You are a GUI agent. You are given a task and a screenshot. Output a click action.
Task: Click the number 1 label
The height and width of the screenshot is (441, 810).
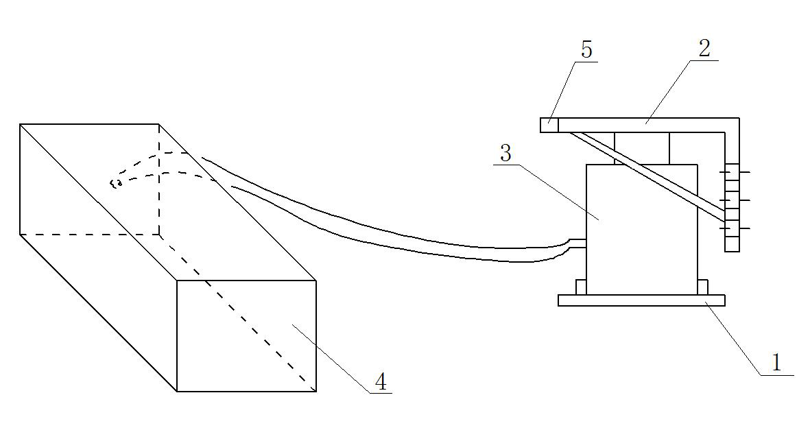click(776, 363)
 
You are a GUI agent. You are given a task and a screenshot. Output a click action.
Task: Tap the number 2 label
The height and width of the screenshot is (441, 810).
click(704, 48)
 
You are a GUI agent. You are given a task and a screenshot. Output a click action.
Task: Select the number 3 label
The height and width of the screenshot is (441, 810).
click(505, 153)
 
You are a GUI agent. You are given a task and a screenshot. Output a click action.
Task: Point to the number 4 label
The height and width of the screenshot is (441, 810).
click(380, 382)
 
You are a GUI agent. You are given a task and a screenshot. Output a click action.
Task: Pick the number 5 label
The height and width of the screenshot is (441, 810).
click(586, 49)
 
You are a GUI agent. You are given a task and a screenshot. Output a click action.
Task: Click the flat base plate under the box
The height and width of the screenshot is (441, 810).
click(641, 300)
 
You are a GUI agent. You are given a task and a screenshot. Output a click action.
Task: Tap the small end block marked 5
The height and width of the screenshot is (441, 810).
click(549, 126)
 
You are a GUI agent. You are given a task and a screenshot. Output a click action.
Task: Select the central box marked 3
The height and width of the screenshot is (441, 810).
click(641, 230)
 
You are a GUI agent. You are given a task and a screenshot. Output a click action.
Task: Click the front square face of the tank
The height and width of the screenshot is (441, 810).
click(246, 335)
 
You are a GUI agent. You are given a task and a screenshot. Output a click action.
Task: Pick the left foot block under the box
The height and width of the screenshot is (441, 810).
click(581, 287)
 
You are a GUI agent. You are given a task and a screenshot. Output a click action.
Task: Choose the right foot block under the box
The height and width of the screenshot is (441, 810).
click(702, 287)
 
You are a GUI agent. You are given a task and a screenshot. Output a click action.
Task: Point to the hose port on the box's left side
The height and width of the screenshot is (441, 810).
click(578, 243)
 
